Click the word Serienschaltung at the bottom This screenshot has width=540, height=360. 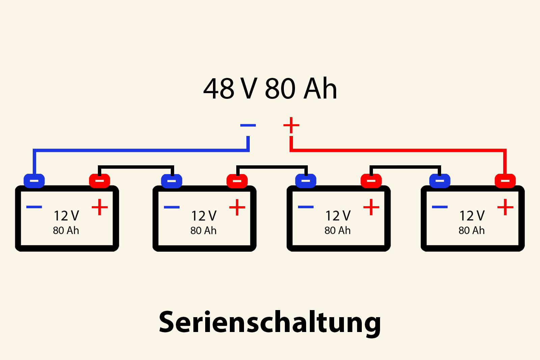pyautogui.click(x=270, y=322)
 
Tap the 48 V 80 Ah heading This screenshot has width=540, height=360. pyautogui.click(x=270, y=88)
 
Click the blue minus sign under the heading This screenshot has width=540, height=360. pyautogui.click(x=248, y=125)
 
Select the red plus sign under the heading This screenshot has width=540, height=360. pyautogui.click(x=291, y=126)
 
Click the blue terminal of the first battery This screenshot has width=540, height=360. pyautogui.click(x=34, y=181)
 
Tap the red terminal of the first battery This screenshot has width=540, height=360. pyautogui.click(x=100, y=181)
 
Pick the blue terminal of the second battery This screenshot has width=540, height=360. pyautogui.click(x=171, y=181)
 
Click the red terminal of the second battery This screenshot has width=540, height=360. pyautogui.click(x=237, y=181)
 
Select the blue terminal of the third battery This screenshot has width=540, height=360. pyautogui.click(x=305, y=181)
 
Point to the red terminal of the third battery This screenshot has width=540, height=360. pyautogui.click(x=371, y=181)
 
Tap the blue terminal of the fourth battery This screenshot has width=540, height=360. pyautogui.click(x=439, y=181)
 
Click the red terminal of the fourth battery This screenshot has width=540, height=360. pyautogui.click(x=505, y=181)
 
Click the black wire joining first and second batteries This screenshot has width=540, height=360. pyautogui.click(x=136, y=167)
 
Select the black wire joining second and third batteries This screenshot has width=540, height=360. pyautogui.click(x=272, y=167)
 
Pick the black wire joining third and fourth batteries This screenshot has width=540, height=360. pyautogui.click(x=405, y=167)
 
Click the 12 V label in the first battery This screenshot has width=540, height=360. pyautogui.click(x=66, y=216)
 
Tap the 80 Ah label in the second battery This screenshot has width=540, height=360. pyautogui.click(x=203, y=231)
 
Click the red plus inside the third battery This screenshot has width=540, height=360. pyautogui.click(x=371, y=207)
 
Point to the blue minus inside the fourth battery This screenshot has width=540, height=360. pyautogui.click(x=440, y=207)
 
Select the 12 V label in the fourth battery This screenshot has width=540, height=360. pyautogui.click(x=472, y=216)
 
